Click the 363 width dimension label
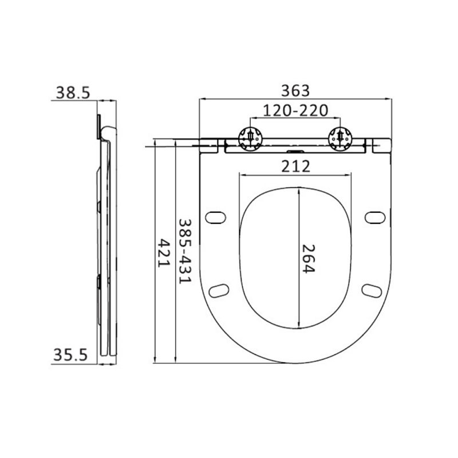point(295,90)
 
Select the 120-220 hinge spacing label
point(295,110)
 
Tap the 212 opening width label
point(295,166)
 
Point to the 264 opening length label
point(309,258)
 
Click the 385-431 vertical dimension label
point(184,251)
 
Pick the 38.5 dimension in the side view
point(73,92)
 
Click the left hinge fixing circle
point(250,139)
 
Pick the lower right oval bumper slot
point(372,290)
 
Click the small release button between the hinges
point(295,152)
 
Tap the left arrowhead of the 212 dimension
point(240,176)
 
